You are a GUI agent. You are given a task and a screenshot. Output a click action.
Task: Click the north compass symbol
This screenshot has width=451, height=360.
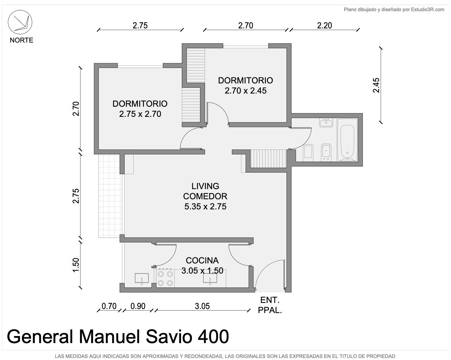point(20,22)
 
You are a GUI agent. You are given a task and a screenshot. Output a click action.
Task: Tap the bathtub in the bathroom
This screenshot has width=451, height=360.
point(347,140)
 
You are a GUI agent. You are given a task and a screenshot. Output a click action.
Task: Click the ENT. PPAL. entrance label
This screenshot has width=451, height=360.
point(270,305)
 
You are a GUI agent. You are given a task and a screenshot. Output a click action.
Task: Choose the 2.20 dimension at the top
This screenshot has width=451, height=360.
point(324,26)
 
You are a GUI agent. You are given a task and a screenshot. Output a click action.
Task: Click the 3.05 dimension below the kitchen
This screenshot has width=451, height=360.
point(202,306)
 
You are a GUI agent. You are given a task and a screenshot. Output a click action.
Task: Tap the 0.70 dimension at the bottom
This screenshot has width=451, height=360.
point(109,306)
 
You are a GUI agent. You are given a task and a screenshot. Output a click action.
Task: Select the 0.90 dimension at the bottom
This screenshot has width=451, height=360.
point(138,306)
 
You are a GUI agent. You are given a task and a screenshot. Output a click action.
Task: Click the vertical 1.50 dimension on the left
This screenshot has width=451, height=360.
point(76,265)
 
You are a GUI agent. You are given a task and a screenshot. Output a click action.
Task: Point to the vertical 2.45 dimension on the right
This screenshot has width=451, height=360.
point(376,85)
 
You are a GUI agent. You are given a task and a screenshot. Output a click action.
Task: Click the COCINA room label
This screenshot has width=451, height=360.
point(202,260)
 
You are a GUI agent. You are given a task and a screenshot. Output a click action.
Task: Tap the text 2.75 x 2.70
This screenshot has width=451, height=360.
point(140,114)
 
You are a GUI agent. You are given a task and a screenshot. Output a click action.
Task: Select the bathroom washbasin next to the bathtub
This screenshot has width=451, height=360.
point(326,123)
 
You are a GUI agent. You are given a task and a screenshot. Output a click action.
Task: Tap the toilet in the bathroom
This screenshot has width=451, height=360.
point(308,151)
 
